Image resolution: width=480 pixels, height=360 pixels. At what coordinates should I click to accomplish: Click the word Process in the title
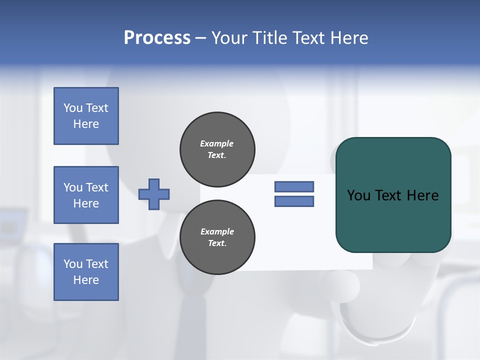(157, 38)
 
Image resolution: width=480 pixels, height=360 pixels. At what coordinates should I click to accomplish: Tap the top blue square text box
(86, 116)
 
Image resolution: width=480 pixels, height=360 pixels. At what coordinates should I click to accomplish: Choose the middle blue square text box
(86, 195)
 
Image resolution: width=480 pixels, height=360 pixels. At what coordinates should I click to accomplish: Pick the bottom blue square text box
(86, 272)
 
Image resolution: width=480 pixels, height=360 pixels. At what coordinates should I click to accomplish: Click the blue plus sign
(154, 194)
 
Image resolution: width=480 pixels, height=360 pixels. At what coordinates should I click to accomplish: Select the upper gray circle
(217, 149)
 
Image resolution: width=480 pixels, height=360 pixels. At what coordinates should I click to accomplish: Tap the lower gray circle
(217, 237)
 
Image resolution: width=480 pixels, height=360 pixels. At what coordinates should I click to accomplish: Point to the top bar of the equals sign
(294, 186)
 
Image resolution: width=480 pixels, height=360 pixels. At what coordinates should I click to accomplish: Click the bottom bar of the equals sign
(294, 201)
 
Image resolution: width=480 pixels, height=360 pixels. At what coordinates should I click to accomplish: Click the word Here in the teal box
(422, 195)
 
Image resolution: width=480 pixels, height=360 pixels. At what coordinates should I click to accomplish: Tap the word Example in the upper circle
(217, 143)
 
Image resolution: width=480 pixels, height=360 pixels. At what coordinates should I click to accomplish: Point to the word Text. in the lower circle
(217, 243)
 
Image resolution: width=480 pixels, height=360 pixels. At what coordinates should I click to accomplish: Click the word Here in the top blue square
(86, 124)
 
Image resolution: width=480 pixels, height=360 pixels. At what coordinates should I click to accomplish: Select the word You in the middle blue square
(73, 187)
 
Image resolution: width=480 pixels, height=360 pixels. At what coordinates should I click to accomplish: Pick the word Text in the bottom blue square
(97, 264)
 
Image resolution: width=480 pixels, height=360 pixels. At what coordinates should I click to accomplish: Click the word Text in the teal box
(389, 195)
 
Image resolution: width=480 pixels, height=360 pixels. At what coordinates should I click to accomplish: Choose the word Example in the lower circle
(217, 231)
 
